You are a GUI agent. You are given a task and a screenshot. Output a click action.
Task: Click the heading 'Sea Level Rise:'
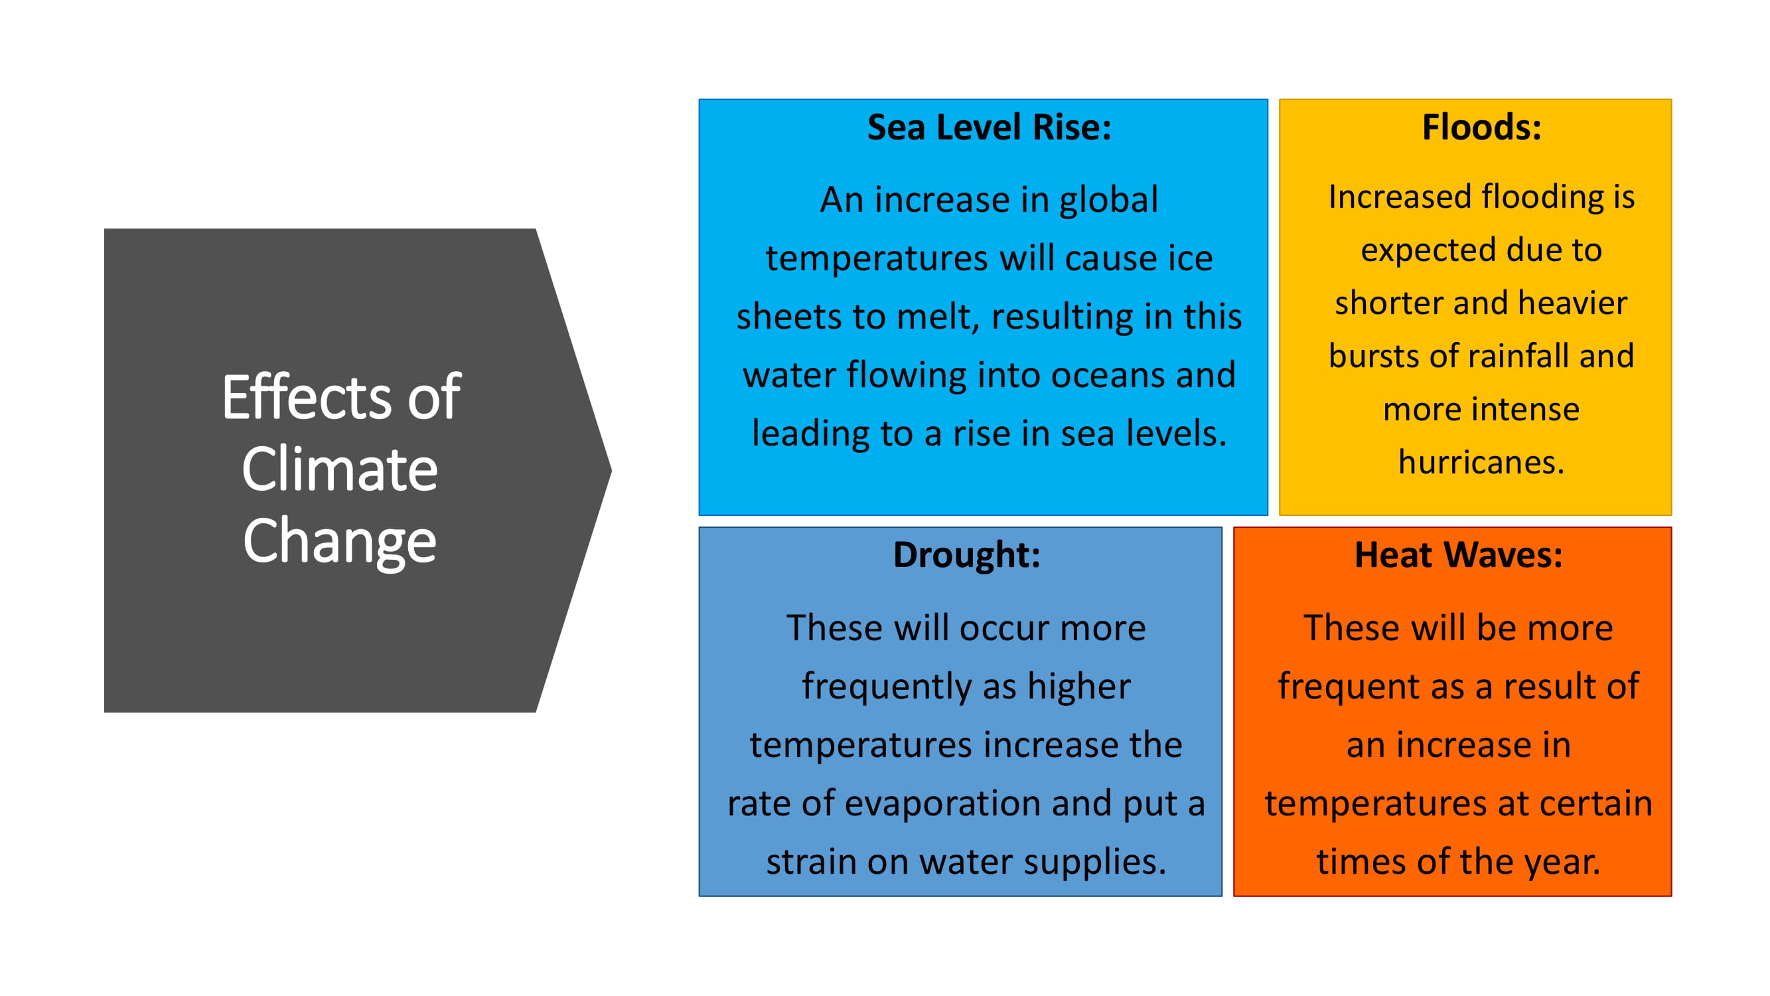pyautogui.click(x=990, y=127)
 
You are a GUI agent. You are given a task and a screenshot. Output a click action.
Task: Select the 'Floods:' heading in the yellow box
pyautogui.click(x=1481, y=127)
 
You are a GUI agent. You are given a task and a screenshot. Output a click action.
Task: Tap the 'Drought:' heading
pyautogui.click(x=967, y=554)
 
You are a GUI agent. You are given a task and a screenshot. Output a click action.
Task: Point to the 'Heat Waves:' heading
pyautogui.click(x=1458, y=554)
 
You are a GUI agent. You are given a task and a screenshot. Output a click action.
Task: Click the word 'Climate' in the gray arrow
pyautogui.click(x=339, y=469)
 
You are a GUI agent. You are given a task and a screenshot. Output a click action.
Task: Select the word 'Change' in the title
pyautogui.click(x=339, y=542)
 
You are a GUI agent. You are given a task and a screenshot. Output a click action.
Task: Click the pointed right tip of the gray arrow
pyautogui.click(x=611, y=470)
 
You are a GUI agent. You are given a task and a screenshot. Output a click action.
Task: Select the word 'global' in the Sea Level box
pyautogui.click(x=1108, y=201)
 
